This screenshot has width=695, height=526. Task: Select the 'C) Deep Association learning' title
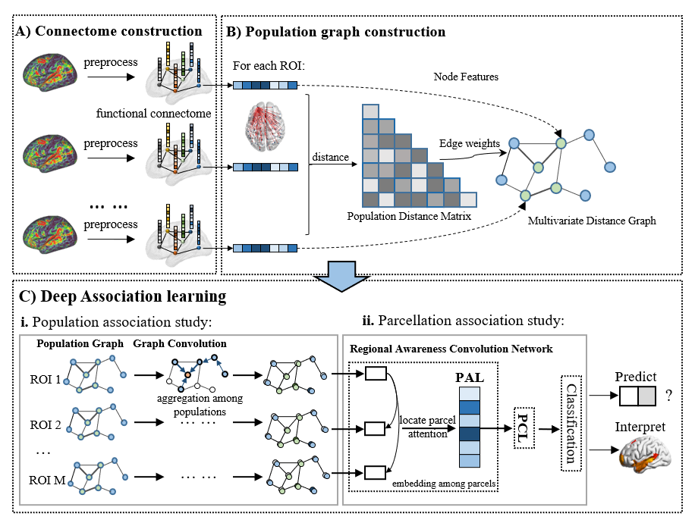pos(122,296)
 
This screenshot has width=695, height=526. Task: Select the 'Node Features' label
pos(466,77)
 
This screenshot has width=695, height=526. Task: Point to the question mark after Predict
pos(668,396)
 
